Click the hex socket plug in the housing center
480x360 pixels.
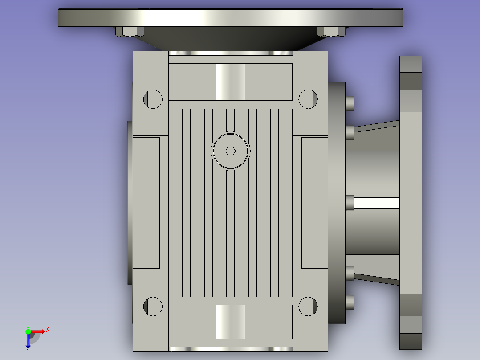point(230,151)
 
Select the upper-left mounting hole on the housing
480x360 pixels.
point(153,99)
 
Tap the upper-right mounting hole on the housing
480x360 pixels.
point(308,99)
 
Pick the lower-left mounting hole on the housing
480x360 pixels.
point(153,307)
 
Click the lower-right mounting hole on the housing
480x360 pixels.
point(308,307)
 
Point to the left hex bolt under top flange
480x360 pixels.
point(130,31)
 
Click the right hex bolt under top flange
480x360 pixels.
point(331,31)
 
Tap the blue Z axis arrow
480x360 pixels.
point(28,341)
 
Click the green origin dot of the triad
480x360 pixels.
point(28,331)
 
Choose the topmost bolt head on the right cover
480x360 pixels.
point(350,103)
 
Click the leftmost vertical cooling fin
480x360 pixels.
point(175,203)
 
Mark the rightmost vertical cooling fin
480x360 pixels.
point(285,203)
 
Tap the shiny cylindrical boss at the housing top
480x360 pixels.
point(230,82)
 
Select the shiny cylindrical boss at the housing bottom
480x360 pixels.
point(230,322)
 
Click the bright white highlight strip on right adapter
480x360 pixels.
point(377,203)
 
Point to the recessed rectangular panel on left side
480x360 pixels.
point(146,203)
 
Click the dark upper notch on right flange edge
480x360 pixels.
point(411,81)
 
